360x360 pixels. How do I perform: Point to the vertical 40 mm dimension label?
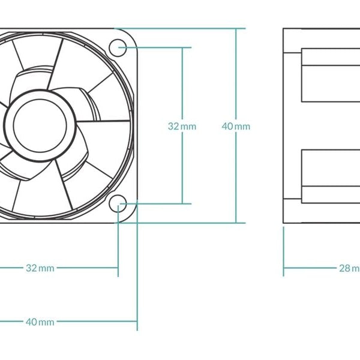point(236,126)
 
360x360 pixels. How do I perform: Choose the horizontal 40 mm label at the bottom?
point(40,322)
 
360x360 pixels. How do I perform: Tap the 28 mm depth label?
point(349,268)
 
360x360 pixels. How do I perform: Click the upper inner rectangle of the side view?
point(330,75)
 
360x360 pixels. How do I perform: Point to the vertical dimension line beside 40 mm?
point(236,78)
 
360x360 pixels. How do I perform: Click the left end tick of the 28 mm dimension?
point(284,268)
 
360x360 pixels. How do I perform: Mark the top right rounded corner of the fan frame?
point(135,32)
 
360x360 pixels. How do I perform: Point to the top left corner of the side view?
point(284,28)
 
